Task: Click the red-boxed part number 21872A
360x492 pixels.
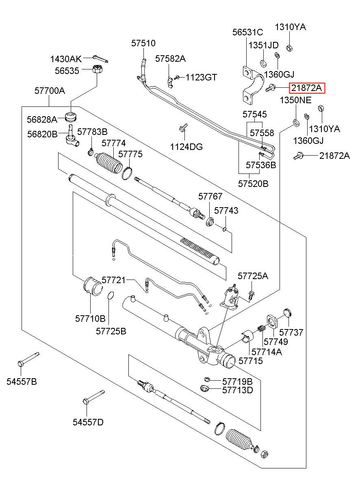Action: click(x=307, y=88)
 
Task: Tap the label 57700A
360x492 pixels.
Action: click(x=49, y=91)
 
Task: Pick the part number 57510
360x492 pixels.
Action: click(x=143, y=43)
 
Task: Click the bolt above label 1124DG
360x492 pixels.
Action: click(x=182, y=129)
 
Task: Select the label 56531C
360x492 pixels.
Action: click(x=247, y=33)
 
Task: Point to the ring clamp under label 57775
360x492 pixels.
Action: click(x=127, y=173)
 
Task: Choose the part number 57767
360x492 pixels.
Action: click(x=210, y=197)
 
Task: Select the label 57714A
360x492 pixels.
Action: click(x=267, y=352)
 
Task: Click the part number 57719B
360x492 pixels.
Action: click(x=237, y=381)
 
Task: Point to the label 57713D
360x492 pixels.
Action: click(x=238, y=390)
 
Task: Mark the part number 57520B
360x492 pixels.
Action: click(x=253, y=184)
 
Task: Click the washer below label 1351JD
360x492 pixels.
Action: click(x=262, y=63)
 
